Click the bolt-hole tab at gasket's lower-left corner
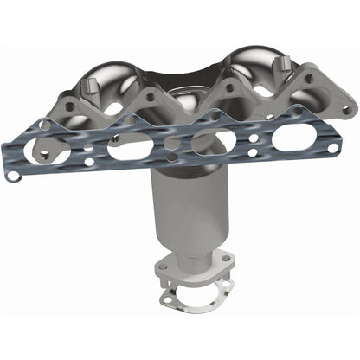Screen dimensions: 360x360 coord(13,174)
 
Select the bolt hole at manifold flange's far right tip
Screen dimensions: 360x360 coord(346,110)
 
